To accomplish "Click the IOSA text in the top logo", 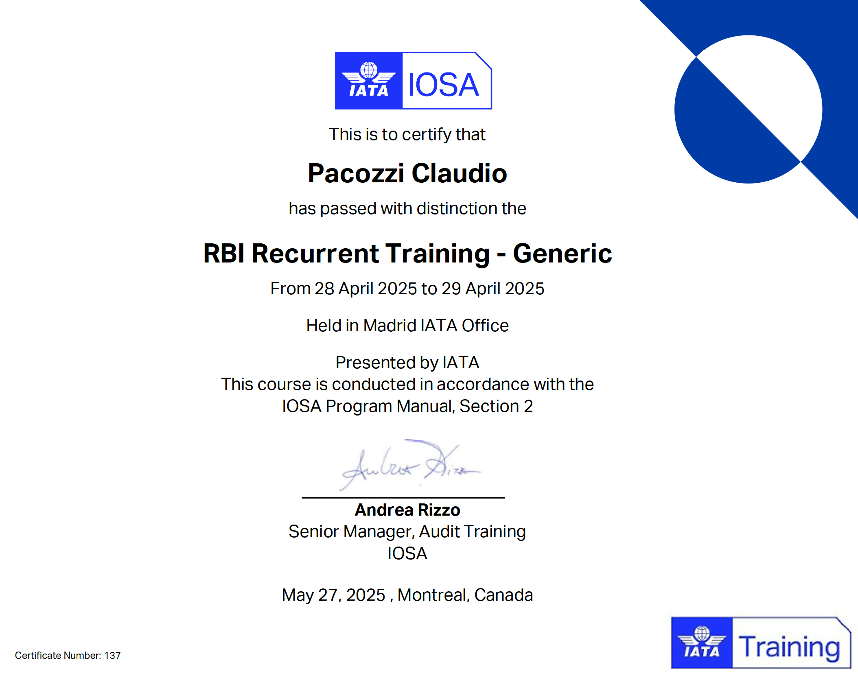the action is pyautogui.click(x=443, y=85).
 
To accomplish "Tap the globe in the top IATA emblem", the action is pyautogui.click(x=369, y=70).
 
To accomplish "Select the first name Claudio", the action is pyautogui.click(x=460, y=173).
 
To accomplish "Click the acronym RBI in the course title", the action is pyautogui.click(x=224, y=253).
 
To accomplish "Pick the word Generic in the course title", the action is pyautogui.click(x=563, y=253).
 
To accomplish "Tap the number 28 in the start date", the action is pyautogui.click(x=324, y=289).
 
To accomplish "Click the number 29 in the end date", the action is pyautogui.click(x=451, y=289).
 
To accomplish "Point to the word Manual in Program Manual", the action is pyautogui.click(x=426, y=406).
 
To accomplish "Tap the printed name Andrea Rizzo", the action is pyautogui.click(x=407, y=510).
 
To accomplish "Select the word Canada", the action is pyautogui.click(x=503, y=595).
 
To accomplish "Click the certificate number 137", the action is pyautogui.click(x=112, y=656).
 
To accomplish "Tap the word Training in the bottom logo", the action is pyautogui.click(x=790, y=647).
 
